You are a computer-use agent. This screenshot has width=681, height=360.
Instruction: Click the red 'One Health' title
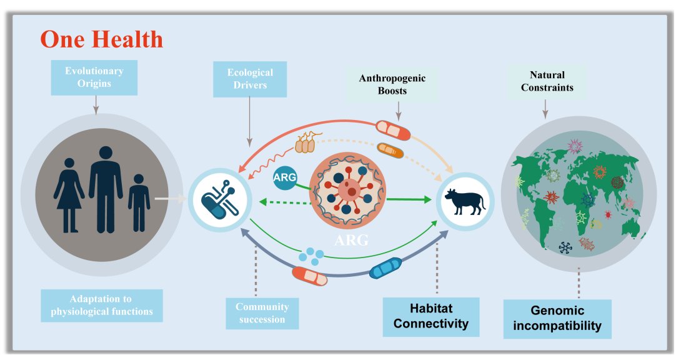[x=102, y=39]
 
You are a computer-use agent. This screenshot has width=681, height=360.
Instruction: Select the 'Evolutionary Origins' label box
[x=94, y=77]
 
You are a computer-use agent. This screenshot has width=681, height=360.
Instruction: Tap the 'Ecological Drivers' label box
[x=249, y=79]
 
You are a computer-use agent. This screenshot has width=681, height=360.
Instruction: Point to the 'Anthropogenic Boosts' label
[x=392, y=84]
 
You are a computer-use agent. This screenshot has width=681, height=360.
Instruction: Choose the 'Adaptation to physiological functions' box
[x=102, y=305]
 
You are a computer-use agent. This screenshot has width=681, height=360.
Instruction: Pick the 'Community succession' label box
[x=262, y=313]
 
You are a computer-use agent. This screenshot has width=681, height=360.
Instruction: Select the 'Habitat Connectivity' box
[x=431, y=316]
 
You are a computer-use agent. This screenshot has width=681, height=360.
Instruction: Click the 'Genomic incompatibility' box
[x=557, y=317]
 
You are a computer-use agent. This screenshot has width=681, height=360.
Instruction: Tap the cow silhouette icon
[x=464, y=201]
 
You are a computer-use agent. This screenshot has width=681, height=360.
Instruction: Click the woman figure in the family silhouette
[x=69, y=194]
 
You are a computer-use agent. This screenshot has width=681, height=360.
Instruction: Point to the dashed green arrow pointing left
[x=284, y=201]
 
